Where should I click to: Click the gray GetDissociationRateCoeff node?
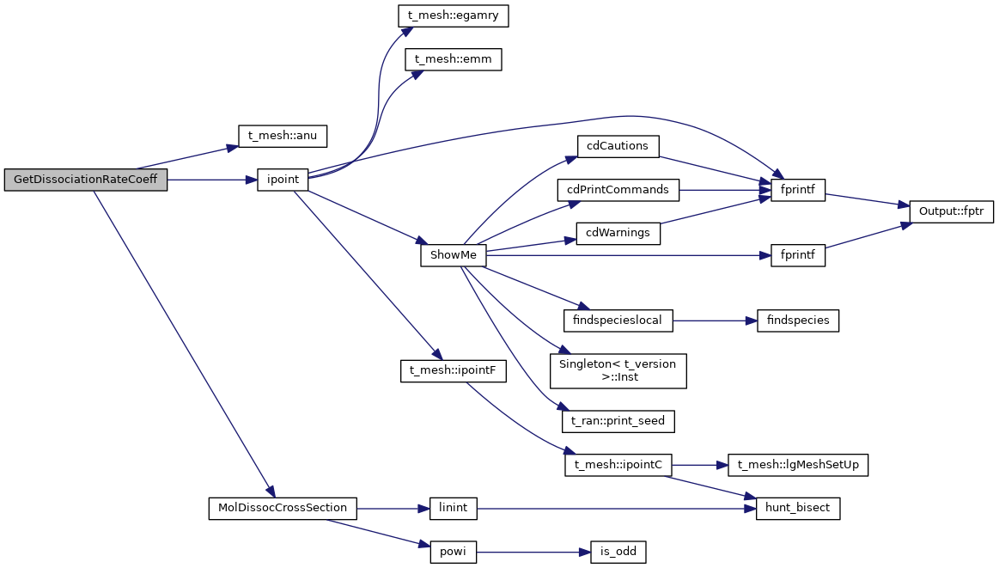[85, 180]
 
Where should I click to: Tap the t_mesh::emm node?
[454, 60]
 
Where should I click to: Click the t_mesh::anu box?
[282, 136]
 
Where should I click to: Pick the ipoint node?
[282, 180]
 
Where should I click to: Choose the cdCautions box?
[618, 146]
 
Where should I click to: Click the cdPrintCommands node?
[618, 188]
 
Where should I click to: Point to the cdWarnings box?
[618, 233]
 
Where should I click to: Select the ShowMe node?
[454, 255]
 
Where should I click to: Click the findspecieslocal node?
[618, 321]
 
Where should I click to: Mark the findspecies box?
[797, 321]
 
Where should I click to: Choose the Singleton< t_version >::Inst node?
[618, 370]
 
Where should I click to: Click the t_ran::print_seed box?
[618, 421]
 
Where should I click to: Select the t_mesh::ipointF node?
[454, 371]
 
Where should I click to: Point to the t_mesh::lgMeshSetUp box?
[798, 465]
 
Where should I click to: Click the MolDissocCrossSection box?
[282, 508]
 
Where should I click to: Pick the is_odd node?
[618, 553]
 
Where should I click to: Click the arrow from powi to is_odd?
[533, 553]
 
